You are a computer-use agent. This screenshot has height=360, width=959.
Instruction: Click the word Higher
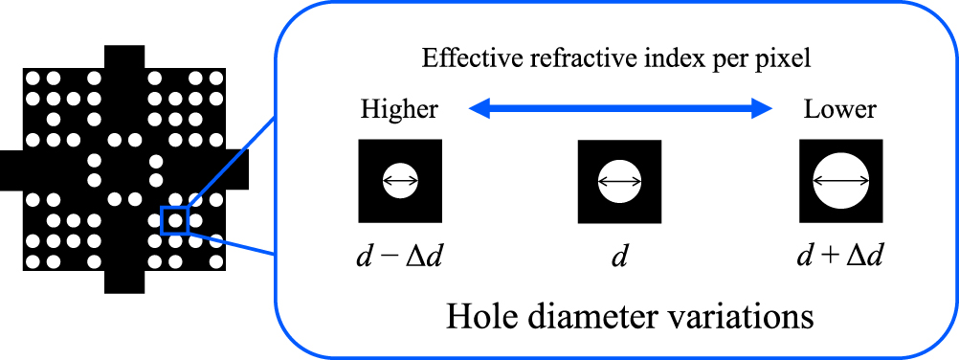click(399, 109)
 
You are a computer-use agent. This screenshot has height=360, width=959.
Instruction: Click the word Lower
click(839, 109)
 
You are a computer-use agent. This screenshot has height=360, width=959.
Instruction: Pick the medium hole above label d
click(619, 181)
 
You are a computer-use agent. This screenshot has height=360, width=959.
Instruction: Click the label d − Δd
click(399, 256)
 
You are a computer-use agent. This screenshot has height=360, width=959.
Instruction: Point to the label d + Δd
click(839, 256)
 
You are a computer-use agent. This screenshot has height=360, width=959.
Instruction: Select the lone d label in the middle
click(619, 256)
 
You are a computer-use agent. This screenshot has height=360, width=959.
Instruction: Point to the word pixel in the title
click(788, 60)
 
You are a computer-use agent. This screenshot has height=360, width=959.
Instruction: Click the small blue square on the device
click(174, 220)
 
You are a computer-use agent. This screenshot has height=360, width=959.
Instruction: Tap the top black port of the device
click(123, 56)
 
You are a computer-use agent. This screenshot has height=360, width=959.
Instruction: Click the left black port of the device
click(11, 169)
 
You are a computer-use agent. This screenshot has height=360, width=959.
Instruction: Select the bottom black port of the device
click(123, 281)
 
